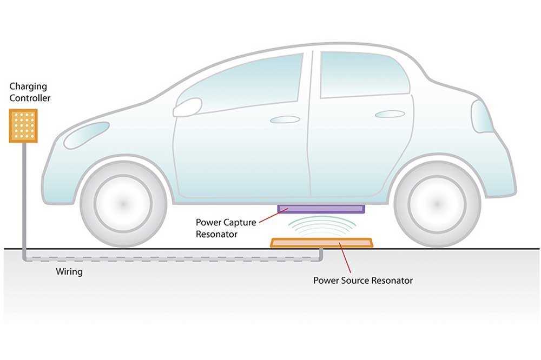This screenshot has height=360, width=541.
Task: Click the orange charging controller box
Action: tap(23, 126)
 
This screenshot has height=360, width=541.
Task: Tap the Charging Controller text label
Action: tap(30, 92)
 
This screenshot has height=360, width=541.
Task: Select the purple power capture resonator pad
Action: tap(321, 208)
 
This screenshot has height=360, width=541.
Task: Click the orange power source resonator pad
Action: tap(321, 243)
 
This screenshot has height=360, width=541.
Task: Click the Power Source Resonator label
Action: tap(362, 281)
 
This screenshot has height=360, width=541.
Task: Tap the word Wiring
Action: tap(69, 271)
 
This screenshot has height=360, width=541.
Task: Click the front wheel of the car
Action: tap(123, 203)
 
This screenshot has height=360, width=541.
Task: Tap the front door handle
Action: tap(285, 119)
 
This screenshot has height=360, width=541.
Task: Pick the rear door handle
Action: tap(390, 114)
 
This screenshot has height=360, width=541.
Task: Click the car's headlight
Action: tap(86, 135)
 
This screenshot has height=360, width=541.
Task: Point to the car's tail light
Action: tap(481, 116)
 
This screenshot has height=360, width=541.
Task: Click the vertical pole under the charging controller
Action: tap(23, 200)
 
